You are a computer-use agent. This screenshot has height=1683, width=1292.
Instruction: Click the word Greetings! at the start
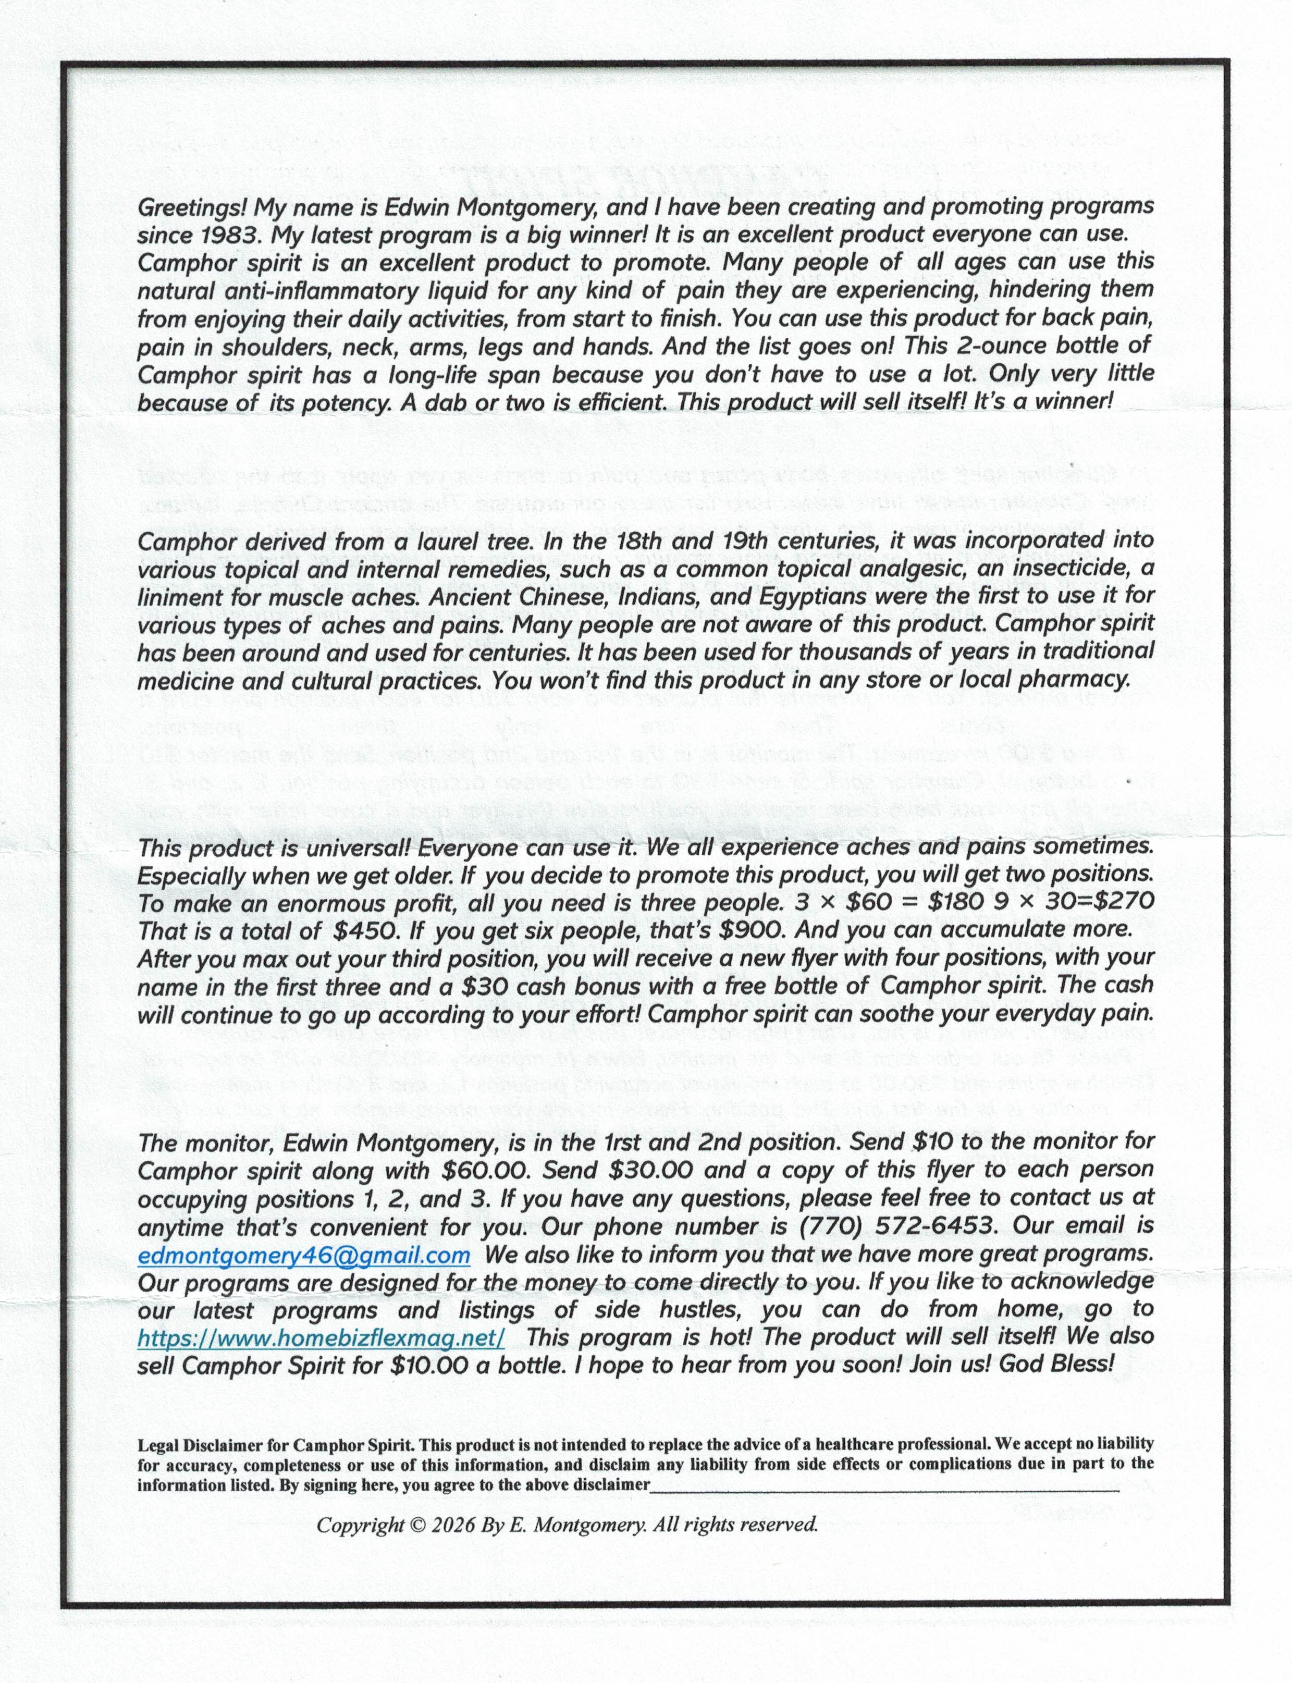(192, 207)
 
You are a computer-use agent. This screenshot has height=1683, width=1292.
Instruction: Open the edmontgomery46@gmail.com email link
(304, 1255)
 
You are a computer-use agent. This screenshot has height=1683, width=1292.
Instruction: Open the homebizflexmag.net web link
(321, 1338)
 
